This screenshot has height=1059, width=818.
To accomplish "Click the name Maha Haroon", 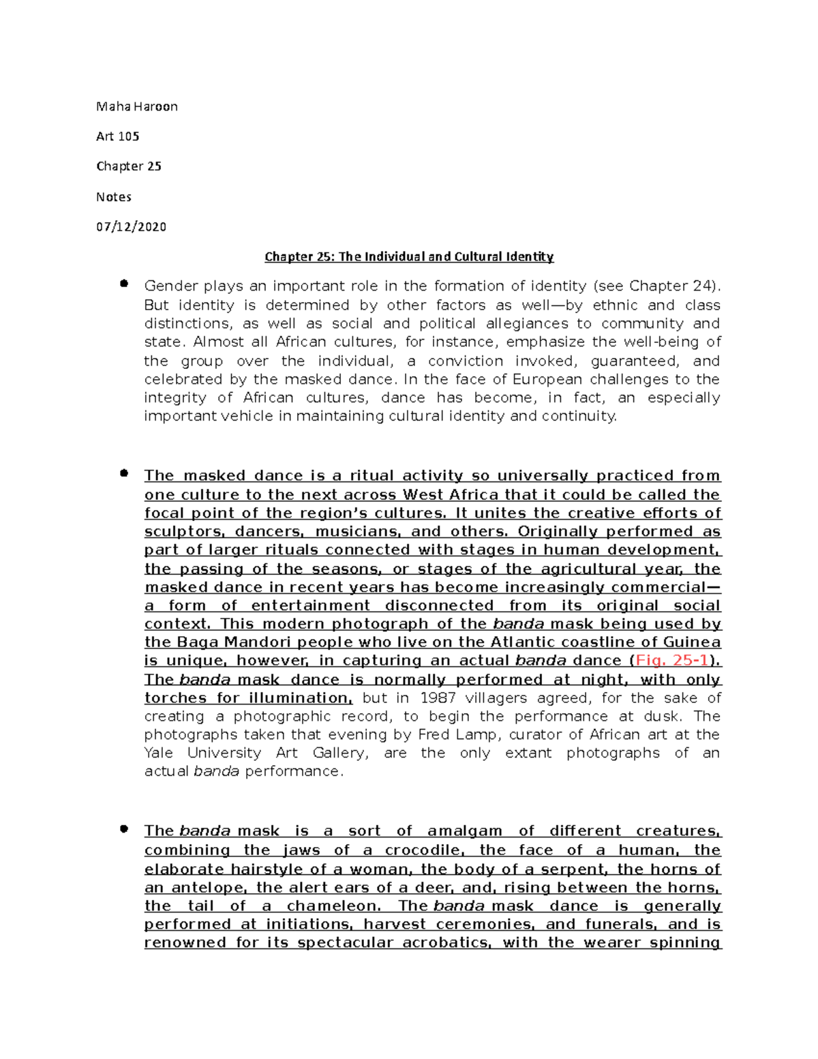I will (x=136, y=106).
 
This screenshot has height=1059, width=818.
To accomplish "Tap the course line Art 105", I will (x=117, y=136).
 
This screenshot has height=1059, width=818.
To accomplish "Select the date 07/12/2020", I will (x=131, y=227).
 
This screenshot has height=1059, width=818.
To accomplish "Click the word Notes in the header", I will (x=113, y=197).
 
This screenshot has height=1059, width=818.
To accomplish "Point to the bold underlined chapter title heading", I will (x=409, y=257).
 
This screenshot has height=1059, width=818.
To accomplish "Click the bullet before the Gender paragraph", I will (x=123, y=284).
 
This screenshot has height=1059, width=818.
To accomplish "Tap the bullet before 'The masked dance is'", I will (x=123, y=473).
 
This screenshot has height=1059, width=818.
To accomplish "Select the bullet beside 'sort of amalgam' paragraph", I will (x=123, y=829).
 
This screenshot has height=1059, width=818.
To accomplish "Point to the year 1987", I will (x=438, y=698).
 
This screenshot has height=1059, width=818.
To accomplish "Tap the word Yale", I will (x=159, y=754).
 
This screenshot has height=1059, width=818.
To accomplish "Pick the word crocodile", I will (x=422, y=850).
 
